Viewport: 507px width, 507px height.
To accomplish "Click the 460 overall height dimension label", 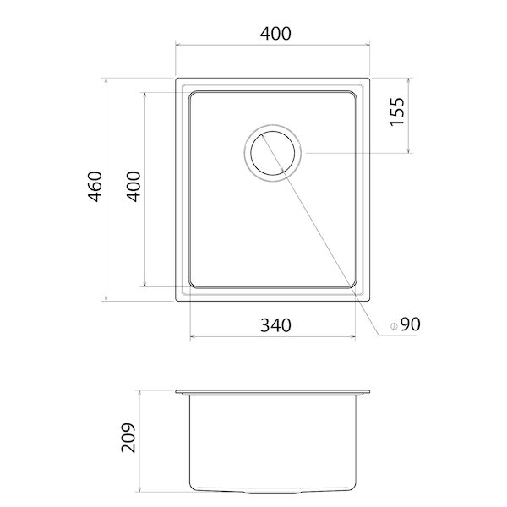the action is point(95,187).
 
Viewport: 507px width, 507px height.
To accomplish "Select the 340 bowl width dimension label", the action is point(275,325).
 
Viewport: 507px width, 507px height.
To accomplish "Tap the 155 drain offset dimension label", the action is point(397,112).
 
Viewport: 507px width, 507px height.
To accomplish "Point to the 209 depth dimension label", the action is point(128,438).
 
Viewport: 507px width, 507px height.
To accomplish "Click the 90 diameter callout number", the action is point(411,324).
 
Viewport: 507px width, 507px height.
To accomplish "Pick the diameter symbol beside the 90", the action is point(394,326).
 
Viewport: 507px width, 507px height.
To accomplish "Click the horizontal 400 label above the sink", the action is point(275,34).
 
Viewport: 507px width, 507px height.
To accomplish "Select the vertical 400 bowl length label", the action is point(134,187).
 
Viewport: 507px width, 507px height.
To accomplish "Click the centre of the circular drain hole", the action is point(273,153).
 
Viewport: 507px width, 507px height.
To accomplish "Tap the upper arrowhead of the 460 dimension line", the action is point(106,80).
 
